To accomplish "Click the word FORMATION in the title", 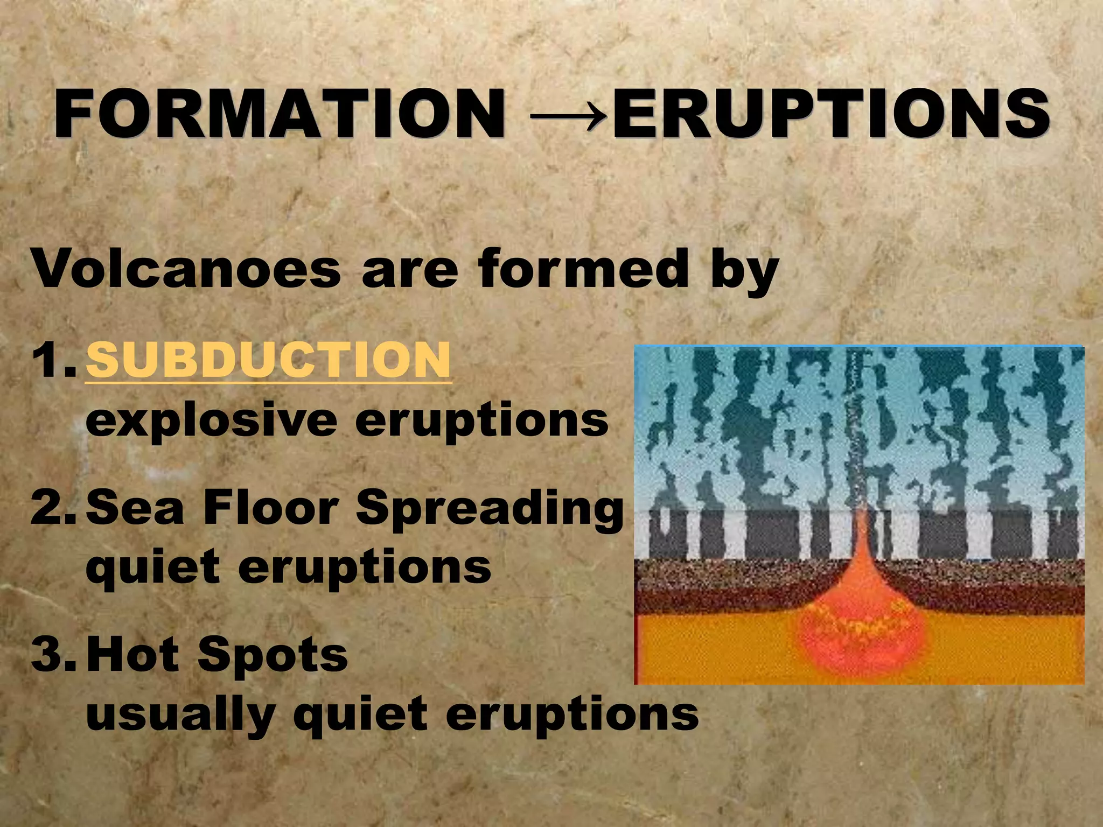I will (x=280, y=114).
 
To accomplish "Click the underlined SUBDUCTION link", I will (x=268, y=360).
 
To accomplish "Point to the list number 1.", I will (x=51, y=360).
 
